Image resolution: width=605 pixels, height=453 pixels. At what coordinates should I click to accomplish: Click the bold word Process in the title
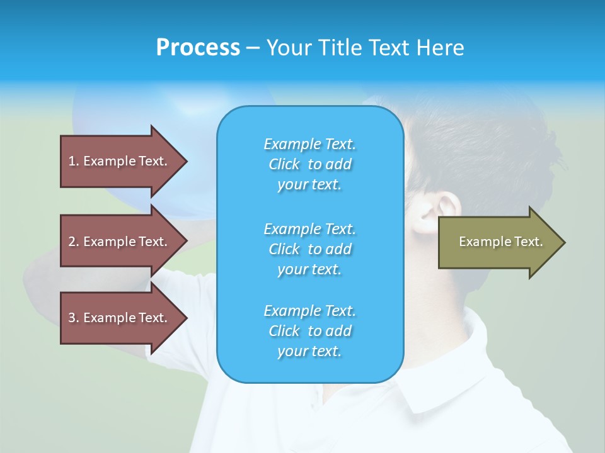click(198, 48)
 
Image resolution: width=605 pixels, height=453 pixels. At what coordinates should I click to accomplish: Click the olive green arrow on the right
click(498, 242)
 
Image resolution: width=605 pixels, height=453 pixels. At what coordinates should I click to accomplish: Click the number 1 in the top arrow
click(72, 161)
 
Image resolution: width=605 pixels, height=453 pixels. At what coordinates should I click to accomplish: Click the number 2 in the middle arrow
click(72, 242)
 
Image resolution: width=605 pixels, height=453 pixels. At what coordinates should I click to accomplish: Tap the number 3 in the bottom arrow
click(72, 318)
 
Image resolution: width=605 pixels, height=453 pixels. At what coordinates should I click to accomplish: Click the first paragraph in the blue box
click(309, 164)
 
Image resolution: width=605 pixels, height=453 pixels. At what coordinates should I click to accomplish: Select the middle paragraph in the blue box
click(309, 249)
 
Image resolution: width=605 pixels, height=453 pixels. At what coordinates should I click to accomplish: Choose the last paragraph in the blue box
click(309, 331)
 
